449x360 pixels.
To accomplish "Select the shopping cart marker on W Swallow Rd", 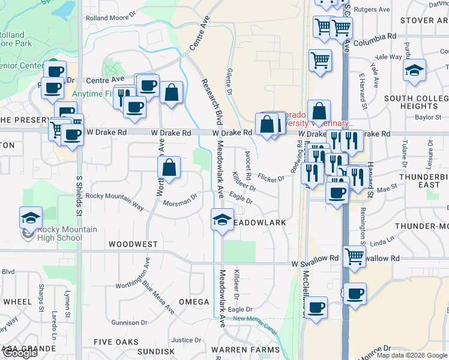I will pyautogui.click(x=355, y=256).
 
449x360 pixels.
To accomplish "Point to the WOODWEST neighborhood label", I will pyautogui.click(x=133, y=245).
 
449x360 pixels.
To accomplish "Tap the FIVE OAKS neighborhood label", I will pyautogui.click(x=120, y=342).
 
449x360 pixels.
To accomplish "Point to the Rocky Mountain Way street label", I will pyautogui.click(x=115, y=201).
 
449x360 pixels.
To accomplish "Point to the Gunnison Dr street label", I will pyautogui.click(x=125, y=323).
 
